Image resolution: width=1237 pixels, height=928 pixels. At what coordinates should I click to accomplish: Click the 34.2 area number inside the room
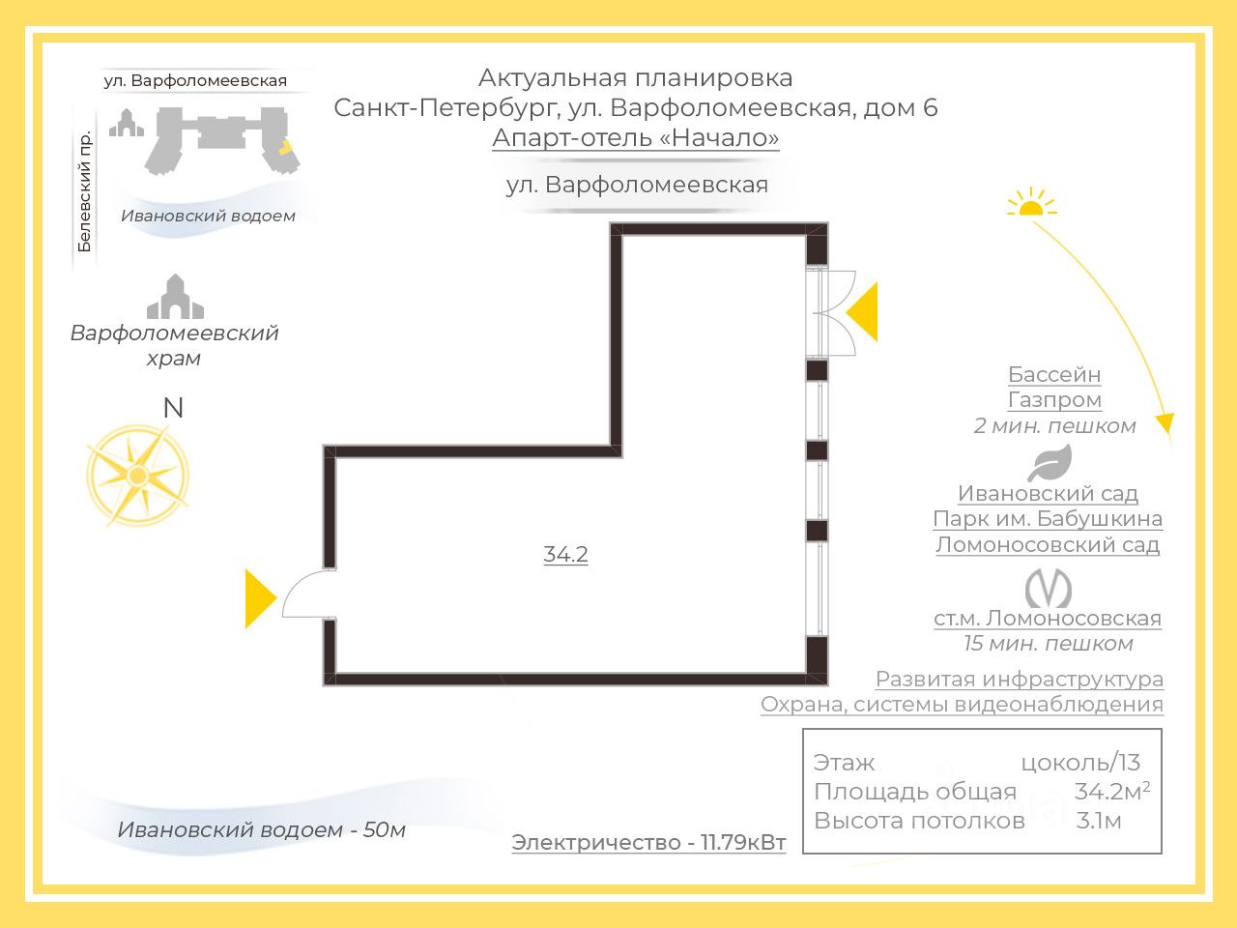[x=565, y=555]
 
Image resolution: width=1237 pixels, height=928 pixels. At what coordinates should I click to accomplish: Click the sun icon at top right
[x=1030, y=203]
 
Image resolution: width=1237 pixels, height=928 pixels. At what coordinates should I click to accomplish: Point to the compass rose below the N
[x=137, y=475]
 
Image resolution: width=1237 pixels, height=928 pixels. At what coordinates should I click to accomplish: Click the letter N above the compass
[x=173, y=408]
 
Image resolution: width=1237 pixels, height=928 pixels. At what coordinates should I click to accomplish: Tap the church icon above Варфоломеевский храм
[x=175, y=298]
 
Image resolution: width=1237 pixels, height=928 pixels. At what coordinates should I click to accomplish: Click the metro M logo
[x=1048, y=588]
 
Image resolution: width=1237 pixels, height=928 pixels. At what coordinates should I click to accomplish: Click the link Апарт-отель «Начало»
[x=635, y=138]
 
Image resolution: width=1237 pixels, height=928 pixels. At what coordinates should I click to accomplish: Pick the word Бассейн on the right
[x=1053, y=375]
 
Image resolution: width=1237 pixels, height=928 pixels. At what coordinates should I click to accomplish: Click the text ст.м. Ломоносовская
[x=1047, y=619]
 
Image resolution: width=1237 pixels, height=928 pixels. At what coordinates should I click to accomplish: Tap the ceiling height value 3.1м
[x=1099, y=822]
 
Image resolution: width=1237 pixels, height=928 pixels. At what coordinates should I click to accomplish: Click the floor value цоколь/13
[x=1080, y=763]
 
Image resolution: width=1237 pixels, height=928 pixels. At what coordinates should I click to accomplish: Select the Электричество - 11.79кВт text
[x=648, y=843]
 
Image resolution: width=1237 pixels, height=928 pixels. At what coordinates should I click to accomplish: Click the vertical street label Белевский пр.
[x=85, y=191]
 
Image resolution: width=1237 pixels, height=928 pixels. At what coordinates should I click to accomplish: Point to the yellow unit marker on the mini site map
[x=286, y=148]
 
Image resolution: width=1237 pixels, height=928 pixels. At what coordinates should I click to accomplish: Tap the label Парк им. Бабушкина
[x=1047, y=519]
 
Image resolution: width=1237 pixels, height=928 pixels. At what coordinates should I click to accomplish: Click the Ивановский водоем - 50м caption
[x=261, y=829]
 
